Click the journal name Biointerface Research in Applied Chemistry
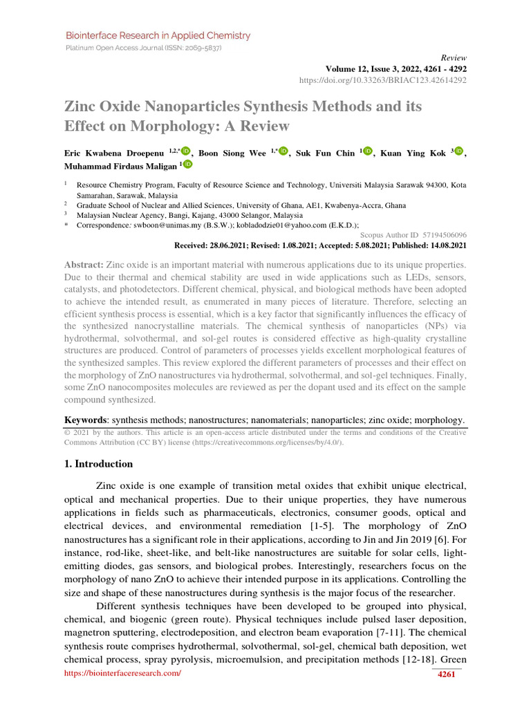tap(158, 35)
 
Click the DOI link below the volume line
tap(382, 80)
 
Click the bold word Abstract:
tap(84, 265)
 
